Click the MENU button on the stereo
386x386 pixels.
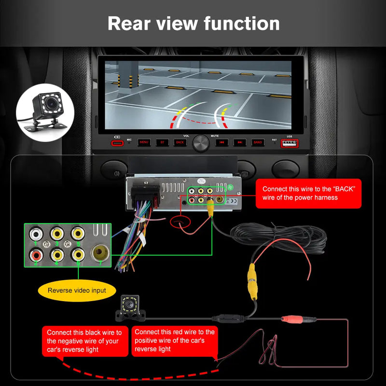(144, 142)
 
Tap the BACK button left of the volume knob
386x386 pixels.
(179, 142)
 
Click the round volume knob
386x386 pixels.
(201, 143)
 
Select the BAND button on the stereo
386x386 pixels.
(258, 142)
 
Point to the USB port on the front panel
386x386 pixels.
(289, 143)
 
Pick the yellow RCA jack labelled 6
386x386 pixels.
(78, 253)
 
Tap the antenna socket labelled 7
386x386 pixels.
(99, 252)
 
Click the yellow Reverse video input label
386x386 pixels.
(77, 290)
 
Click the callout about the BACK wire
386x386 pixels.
(308, 193)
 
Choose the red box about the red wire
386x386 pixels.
(174, 341)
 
